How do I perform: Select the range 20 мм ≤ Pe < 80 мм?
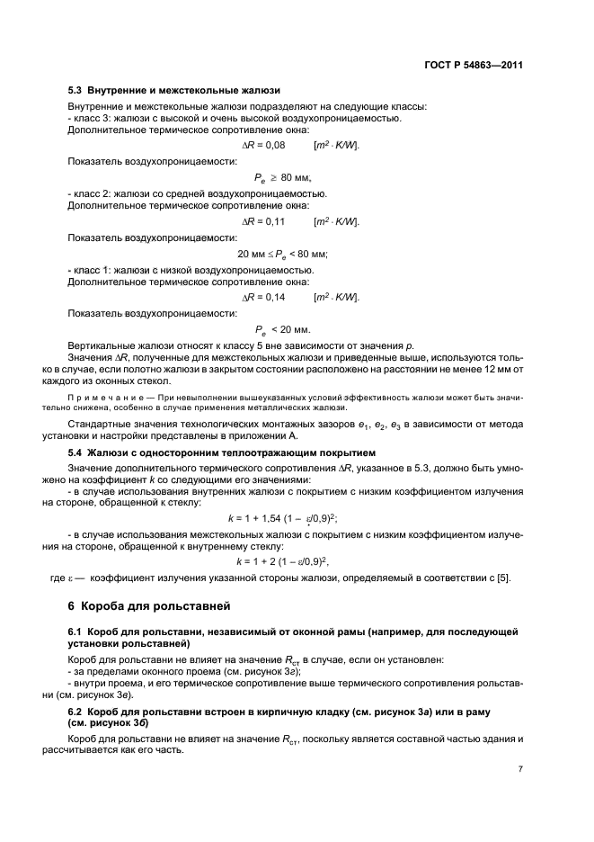pyautogui.click(x=281, y=254)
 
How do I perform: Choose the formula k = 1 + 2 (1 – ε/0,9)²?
pyautogui.click(x=288, y=560)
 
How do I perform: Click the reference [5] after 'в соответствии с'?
pyautogui.click(x=503, y=578)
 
